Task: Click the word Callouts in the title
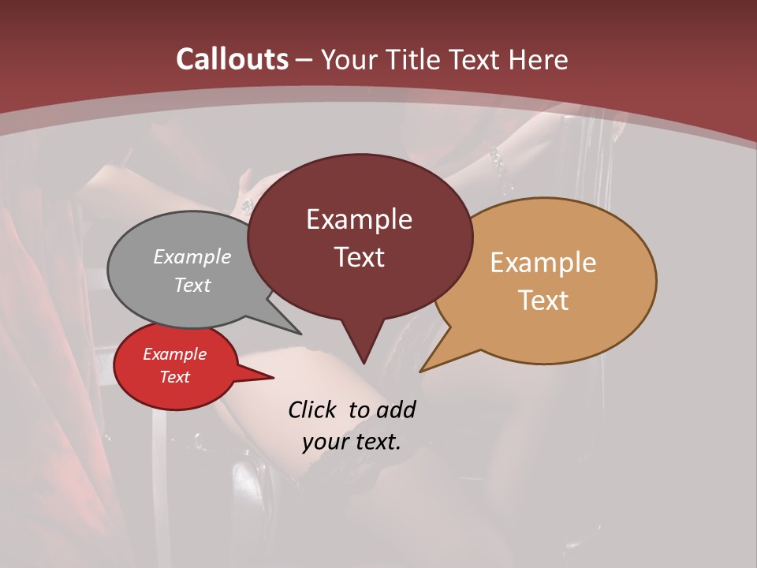click(232, 59)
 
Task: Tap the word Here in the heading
click(538, 60)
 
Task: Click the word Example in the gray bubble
click(192, 257)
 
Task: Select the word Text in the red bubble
click(174, 377)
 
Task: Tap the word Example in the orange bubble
click(543, 263)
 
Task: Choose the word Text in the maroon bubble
click(360, 257)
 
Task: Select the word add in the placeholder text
click(395, 409)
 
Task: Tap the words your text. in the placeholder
click(352, 441)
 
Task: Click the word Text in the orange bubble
click(543, 301)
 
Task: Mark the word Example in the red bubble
click(174, 354)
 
